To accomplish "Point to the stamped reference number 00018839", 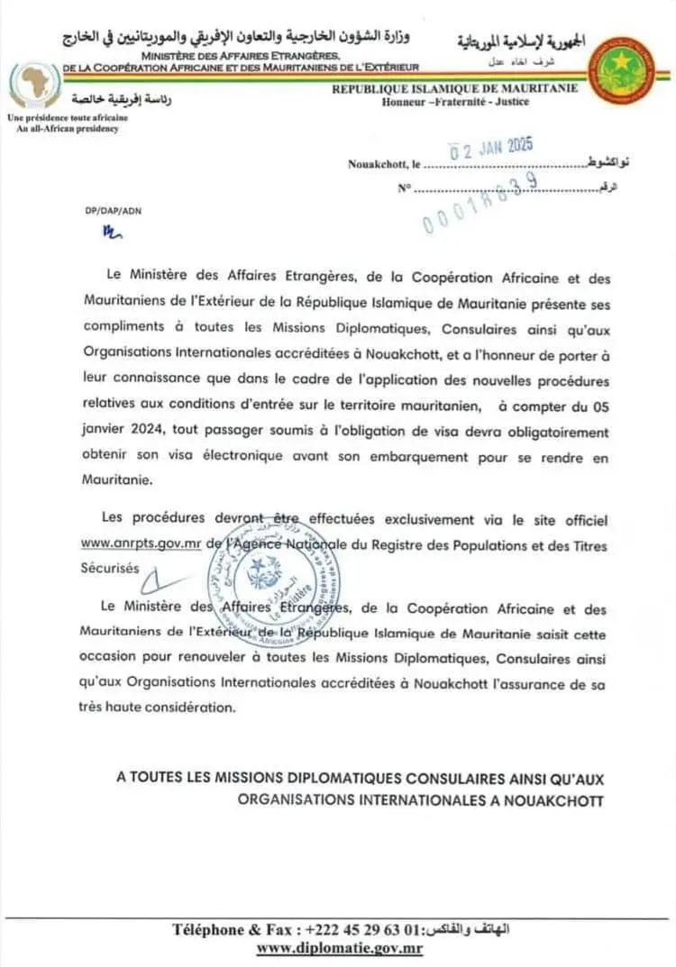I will [x=480, y=205].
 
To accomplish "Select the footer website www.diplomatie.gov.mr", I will [x=339, y=947].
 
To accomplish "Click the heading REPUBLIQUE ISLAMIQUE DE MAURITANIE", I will [x=461, y=89].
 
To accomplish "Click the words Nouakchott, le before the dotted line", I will [x=385, y=164].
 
